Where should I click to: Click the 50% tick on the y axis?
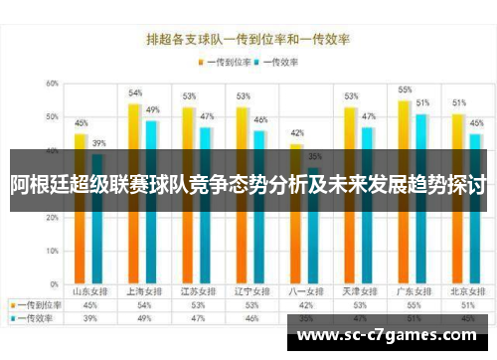coord(51,117)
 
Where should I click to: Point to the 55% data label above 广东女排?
coord(405,90)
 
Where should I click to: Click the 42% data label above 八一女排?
coord(296,132)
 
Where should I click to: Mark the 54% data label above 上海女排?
coord(135,92)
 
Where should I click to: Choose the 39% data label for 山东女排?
coord(98,143)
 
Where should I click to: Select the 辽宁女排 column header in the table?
coord(251,292)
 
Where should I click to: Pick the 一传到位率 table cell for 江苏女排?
coord(197,305)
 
